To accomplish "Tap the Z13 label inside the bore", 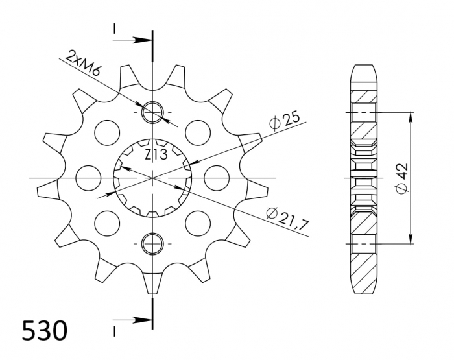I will coord(154,154).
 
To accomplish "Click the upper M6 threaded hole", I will coord(153,112).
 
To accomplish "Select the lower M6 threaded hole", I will coord(153,243).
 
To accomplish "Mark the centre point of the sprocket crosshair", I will coord(153,177).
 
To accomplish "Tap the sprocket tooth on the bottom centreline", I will coord(153,282).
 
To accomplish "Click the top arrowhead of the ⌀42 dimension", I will coord(411,116).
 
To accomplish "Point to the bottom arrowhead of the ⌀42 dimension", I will coord(411,239).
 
